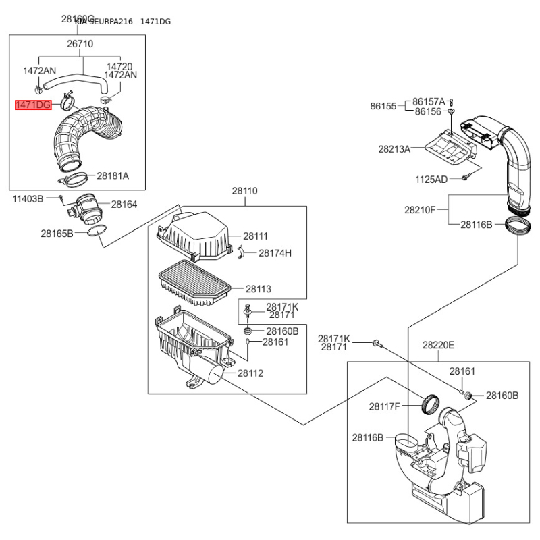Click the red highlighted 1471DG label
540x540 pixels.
click(34, 105)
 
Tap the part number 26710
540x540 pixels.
click(80, 45)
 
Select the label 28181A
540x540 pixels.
click(112, 175)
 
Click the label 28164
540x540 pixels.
click(124, 203)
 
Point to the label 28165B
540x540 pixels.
click(57, 234)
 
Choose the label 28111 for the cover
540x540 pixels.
click(256, 236)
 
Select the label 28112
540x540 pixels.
click(250, 373)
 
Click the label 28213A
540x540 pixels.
click(393, 149)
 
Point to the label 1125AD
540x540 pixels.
click(431, 179)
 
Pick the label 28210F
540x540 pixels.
click(421, 210)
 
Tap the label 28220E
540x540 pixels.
click(439, 345)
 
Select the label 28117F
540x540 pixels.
click(385, 406)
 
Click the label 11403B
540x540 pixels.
click(28, 198)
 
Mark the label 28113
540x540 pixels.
click(258, 289)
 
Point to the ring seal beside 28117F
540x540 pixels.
click(429, 404)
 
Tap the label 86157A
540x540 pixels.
click(429, 101)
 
